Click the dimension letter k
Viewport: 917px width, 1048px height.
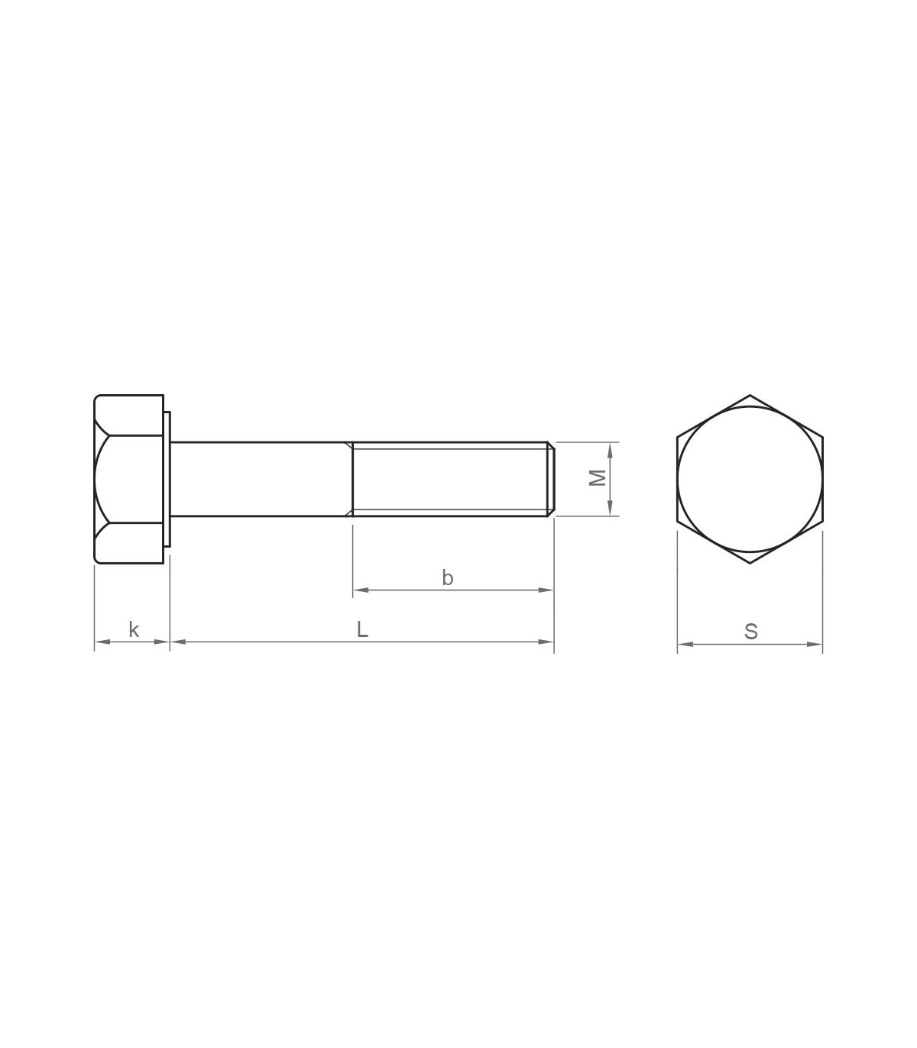(x=134, y=629)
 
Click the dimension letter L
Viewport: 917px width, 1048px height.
(x=362, y=629)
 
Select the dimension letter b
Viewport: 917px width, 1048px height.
(x=447, y=577)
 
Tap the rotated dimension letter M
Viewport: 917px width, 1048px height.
(x=598, y=478)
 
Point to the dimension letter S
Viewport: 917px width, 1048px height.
(x=751, y=632)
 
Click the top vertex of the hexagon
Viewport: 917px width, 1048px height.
(x=750, y=395)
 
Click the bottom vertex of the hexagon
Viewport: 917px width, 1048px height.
(x=750, y=564)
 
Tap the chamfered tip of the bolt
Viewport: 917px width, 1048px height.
(x=551, y=479)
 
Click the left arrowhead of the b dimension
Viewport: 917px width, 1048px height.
(x=361, y=590)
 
